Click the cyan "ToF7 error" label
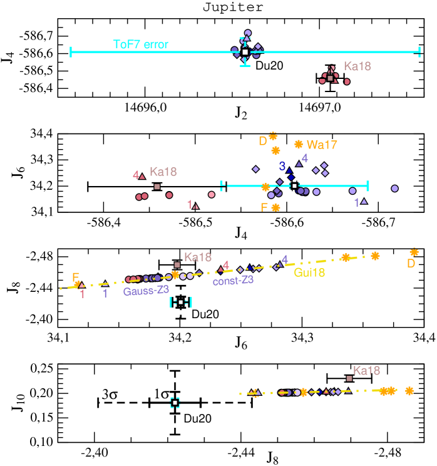140,44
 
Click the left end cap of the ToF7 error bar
71,52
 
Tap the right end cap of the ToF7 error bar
419,52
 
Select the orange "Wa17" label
322,145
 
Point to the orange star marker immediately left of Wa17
299,144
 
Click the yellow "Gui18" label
309,272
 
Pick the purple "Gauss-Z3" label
146,291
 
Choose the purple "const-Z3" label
233,281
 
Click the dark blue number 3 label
282,166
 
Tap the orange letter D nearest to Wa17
263,142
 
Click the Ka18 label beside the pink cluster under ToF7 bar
357,66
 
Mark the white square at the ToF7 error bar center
245,52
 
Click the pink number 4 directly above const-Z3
225,265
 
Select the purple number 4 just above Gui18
284,259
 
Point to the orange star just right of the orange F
275,207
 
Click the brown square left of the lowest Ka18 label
349,378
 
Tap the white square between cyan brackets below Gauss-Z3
181,303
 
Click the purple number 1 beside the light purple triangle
356,202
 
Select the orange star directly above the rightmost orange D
414,252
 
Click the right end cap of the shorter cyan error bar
368,186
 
